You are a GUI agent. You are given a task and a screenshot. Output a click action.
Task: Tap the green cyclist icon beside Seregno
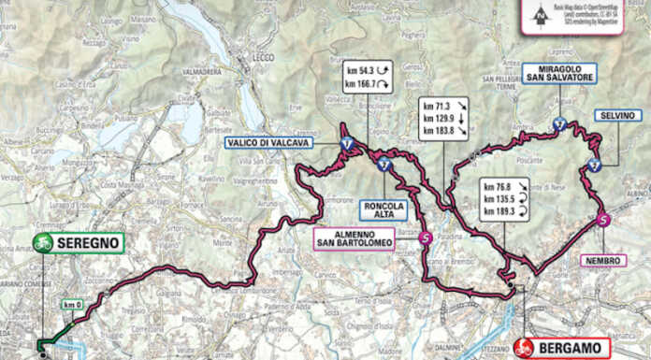[43, 243]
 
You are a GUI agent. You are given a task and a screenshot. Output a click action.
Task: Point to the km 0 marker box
[73, 305]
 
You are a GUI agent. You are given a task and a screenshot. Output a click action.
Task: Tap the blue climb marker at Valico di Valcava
[347, 143]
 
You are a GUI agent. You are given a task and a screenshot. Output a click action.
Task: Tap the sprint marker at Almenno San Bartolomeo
[426, 238]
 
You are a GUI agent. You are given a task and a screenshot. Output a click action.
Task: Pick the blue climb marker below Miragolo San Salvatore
[559, 123]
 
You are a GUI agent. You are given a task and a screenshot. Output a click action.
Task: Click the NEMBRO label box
[602, 261]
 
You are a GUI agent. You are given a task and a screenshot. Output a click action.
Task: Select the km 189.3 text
[499, 212]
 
